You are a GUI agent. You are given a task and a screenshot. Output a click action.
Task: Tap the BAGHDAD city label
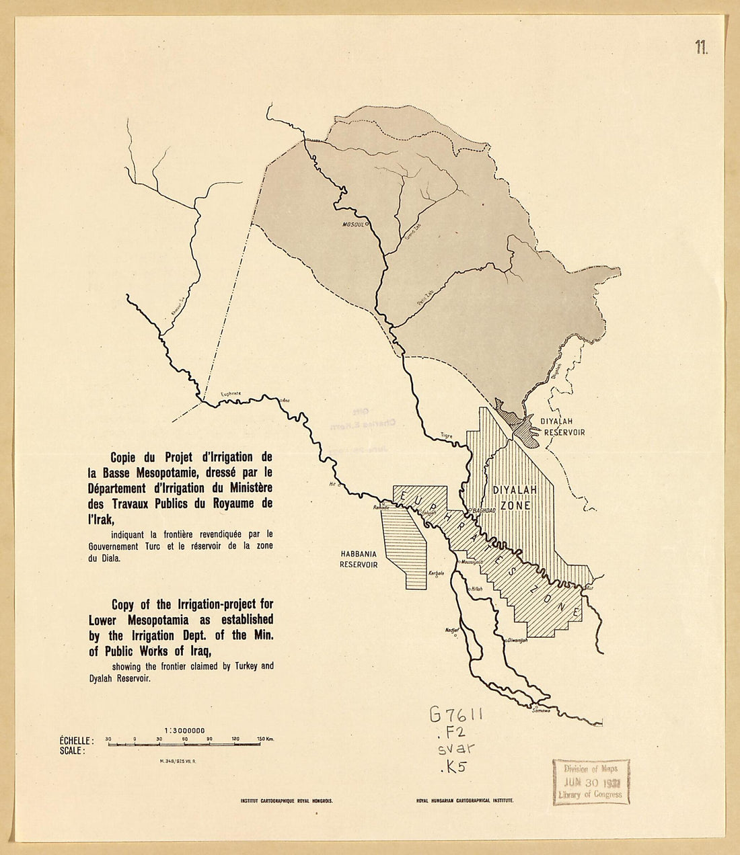[x=484, y=511]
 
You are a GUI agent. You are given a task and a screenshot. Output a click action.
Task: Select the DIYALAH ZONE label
[x=515, y=497]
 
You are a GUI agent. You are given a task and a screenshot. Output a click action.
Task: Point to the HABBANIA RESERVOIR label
[x=358, y=560]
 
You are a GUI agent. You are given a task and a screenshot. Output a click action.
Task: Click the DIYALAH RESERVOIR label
[x=562, y=426]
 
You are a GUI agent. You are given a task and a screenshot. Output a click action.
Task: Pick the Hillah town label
[x=476, y=589]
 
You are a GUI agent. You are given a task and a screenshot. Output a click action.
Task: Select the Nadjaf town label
[x=451, y=630]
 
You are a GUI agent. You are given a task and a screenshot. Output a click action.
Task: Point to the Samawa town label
[x=541, y=710]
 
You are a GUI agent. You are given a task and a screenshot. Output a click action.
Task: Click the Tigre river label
[x=446, y=436]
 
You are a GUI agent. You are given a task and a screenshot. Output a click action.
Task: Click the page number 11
[x=701, y=47]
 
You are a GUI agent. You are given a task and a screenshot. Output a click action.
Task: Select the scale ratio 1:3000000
[x=184, y=730]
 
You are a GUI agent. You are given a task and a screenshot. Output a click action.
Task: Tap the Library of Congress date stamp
[x=591, y=782]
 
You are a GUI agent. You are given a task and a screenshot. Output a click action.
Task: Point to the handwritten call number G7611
[x=456, y=715]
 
